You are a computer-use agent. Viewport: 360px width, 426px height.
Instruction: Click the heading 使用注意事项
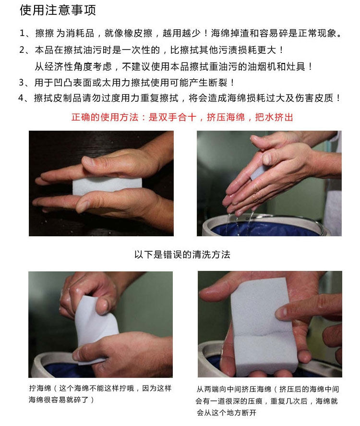pos(58,11)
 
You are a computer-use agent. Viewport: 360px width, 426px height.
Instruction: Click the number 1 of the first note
pos(22,34)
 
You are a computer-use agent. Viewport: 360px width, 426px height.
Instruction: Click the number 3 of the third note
pos(22,82)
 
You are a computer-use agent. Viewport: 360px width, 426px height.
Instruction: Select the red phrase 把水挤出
pos(274,117)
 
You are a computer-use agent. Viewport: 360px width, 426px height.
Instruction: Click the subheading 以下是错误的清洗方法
pos(182,255)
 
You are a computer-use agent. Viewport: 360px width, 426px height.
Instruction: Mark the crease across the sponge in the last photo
pos(262,335)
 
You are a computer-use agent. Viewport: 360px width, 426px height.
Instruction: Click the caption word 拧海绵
pos(40,388)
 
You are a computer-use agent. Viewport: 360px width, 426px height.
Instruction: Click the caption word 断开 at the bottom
pos(249,413)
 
